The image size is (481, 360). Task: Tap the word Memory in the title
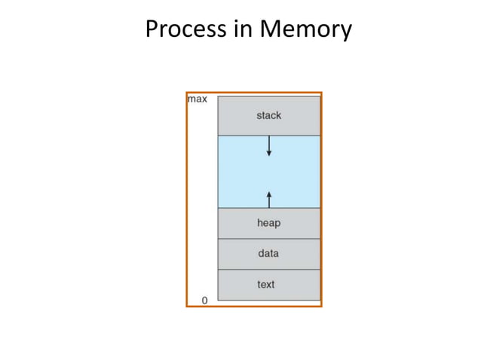305,29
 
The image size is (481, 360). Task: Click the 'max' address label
197,99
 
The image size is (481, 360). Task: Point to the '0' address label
204,300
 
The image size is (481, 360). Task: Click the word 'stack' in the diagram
268,115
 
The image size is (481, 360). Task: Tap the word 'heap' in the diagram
268,223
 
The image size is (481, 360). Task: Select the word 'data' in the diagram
268,254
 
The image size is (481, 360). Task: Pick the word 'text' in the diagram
266,285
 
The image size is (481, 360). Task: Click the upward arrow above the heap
269,199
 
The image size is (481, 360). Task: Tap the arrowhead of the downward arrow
269,154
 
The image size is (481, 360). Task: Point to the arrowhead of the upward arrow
269,194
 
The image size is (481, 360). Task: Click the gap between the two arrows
269,173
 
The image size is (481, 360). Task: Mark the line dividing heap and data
268,239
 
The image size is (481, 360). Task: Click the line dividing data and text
268,270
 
